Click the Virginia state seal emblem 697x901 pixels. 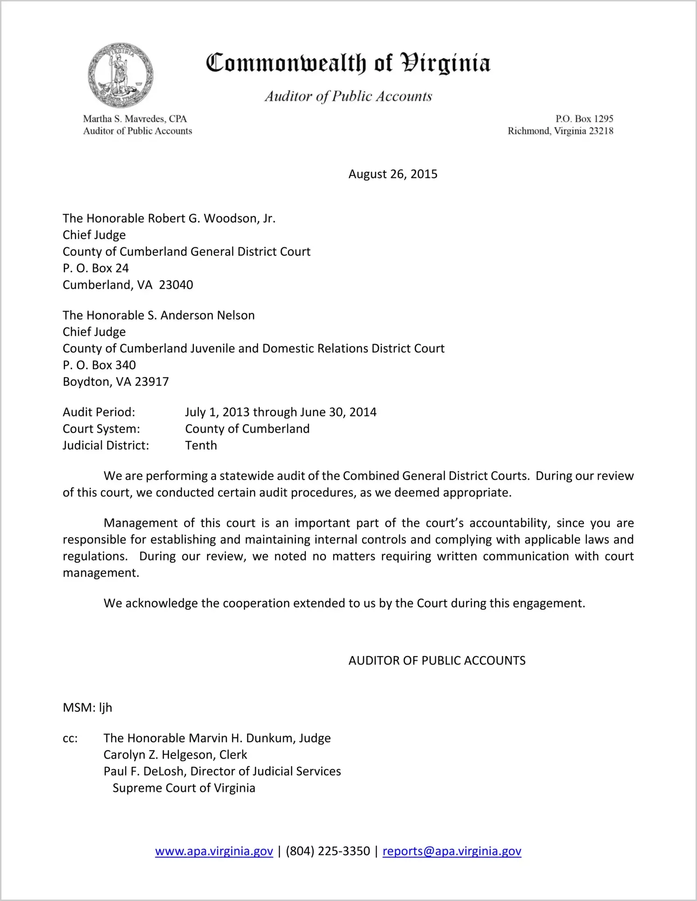(120, 75)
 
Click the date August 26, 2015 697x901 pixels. (393, 174)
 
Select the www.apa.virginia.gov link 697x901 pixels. (214, 851)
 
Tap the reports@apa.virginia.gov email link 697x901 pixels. (452, 851)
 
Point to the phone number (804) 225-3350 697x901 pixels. (328, 851)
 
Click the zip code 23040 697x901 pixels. (176, 285)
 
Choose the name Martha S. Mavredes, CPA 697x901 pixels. (135, 119)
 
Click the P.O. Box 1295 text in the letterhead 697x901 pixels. (584, 119)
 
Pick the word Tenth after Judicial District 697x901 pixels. (201, 445)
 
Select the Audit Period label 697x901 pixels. (99, 412)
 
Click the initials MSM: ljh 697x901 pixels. (87, 707)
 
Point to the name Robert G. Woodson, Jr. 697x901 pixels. (211, 218)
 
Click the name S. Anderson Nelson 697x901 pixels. (201, 315)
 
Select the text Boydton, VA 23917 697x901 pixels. (116, 382)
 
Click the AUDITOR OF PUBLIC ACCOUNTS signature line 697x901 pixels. (437, 660)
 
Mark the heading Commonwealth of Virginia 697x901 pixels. (348, 63)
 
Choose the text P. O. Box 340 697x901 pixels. (99, 365)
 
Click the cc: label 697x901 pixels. (70, 738)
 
